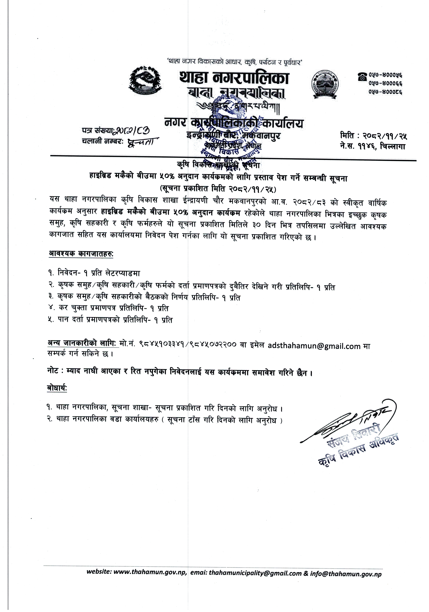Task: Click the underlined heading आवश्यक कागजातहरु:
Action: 81,254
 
